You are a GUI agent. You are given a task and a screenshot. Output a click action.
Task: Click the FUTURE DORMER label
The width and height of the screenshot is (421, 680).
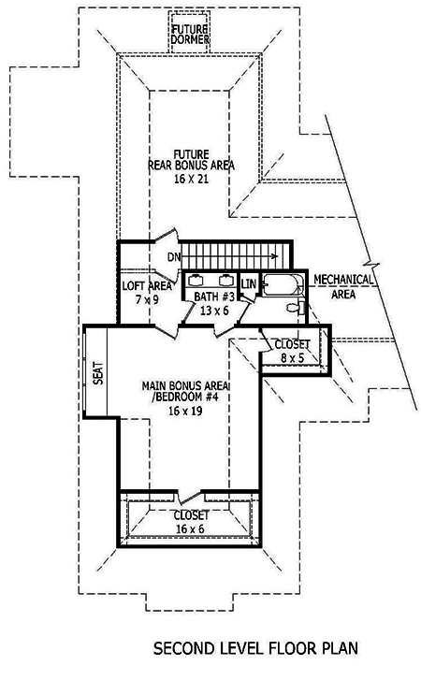click(189, 36)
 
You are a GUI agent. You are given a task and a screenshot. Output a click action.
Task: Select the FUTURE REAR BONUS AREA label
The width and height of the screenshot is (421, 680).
click(190, 160)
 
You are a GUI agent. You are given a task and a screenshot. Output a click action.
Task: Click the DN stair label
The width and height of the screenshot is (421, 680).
click(174, 256)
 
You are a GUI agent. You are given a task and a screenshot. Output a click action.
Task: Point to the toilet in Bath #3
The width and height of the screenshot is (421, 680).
click(294, 308)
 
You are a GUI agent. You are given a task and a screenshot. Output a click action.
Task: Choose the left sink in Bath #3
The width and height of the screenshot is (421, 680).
click(197, 279)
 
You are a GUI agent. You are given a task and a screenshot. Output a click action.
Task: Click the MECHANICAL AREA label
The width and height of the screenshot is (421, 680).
click(344, 285)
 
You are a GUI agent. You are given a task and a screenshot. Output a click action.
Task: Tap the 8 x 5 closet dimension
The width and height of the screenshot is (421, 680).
click(290, 356)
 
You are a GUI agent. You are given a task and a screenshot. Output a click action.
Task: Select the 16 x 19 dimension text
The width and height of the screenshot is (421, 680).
click(187, 412)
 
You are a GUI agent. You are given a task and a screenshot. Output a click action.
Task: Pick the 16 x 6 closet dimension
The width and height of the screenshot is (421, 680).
click(190, 528)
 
